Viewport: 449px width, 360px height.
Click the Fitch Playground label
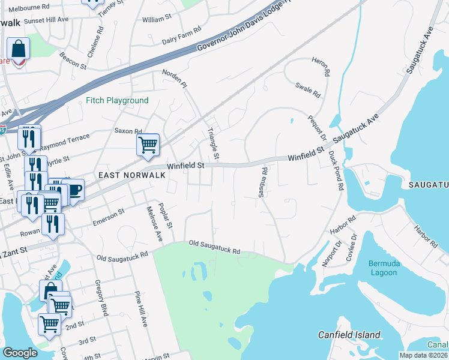(117, 101)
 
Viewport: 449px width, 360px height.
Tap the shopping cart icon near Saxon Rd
(148, 145)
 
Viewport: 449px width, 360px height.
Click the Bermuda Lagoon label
(375, 268)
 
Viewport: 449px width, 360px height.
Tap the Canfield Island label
(349, 335)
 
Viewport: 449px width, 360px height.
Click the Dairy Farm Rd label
(182, 41)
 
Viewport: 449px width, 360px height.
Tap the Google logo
(20, 353)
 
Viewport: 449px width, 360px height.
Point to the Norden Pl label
(175, 79)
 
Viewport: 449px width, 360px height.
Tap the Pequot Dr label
(316, 127)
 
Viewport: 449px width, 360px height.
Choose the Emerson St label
(108, 217)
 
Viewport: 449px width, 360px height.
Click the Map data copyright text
(422, 355)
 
